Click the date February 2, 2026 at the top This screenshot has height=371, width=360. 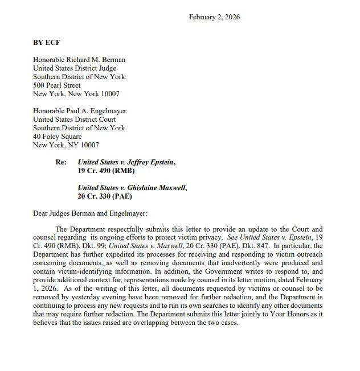pos(214,17)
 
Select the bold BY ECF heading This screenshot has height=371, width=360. pos(46,43)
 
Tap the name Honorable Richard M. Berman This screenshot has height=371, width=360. pos(79,60)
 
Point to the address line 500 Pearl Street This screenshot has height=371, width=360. pos(57,85)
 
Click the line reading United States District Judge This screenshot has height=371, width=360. pos(75,68)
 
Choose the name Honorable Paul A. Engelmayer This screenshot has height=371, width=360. pos(80,111)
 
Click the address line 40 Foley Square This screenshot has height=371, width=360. pos(58,137)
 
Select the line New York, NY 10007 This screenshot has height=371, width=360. pos(66,145)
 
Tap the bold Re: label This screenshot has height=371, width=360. pos(61,162)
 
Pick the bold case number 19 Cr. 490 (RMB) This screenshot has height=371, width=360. pos(106,171)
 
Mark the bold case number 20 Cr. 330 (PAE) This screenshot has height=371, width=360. pos(105,196)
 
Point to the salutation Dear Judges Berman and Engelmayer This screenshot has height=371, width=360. pos(90,213)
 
